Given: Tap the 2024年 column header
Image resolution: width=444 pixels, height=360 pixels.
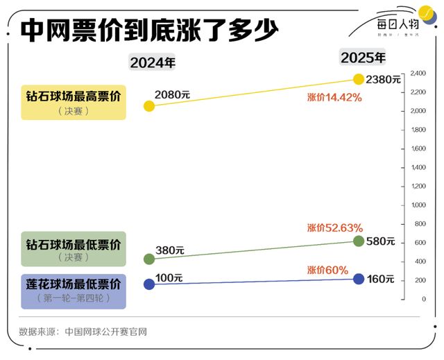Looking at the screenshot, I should tap(153, 62).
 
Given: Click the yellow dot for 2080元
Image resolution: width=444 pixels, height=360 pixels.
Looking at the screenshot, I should tap(149, 106).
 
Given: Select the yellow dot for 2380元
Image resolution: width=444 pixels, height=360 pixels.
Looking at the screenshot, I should tap(359, 79).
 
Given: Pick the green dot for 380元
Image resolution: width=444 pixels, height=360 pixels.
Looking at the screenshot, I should tap(149, 259).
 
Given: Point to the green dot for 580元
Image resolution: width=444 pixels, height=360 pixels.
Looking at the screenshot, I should tap(359, 241).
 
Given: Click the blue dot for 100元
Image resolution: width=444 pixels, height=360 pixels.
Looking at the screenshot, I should tap(149, 284).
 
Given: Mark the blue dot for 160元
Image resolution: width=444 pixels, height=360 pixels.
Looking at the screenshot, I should tap(359, 279).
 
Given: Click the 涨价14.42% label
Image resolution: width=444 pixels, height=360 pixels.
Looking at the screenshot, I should tap(334, 98).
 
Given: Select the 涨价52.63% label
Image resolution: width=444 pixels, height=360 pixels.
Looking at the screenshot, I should tap(334, 228).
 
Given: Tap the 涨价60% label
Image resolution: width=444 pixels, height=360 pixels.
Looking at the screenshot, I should tap(327, 270).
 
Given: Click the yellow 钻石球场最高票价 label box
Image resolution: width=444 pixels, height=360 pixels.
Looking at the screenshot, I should tap(74, 102).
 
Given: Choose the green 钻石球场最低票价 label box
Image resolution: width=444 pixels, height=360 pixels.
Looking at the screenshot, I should tap(74, 249).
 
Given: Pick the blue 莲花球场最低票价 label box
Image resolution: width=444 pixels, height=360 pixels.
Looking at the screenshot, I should tap(74, 290).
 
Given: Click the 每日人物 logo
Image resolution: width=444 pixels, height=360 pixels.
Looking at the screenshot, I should tap(399, 22).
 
